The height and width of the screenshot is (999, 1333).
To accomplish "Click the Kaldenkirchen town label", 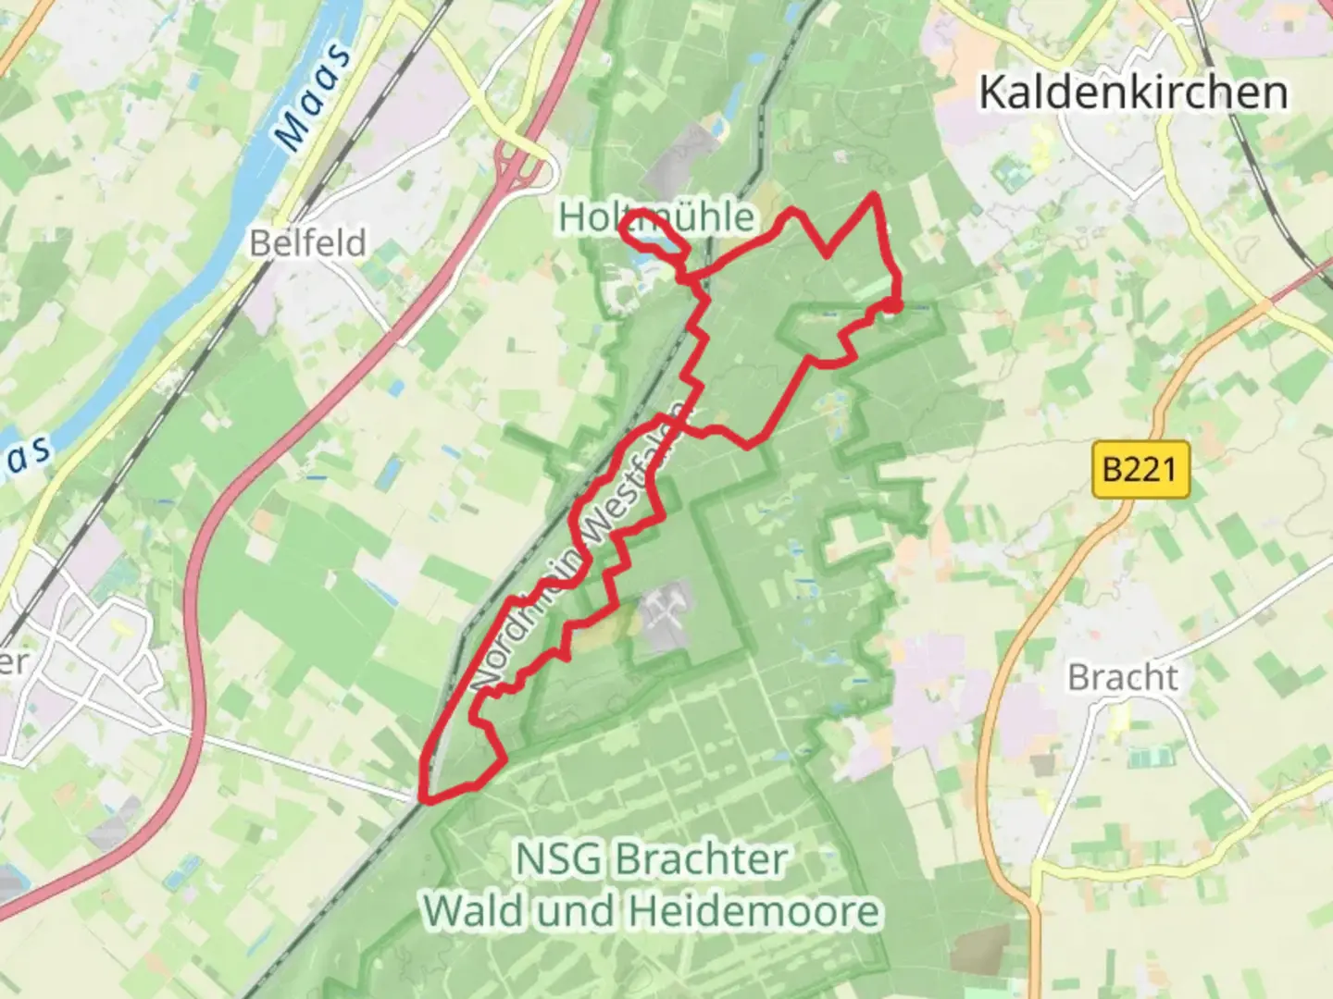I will coord(1132,92).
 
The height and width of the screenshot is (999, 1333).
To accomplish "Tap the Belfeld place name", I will coord(308,243).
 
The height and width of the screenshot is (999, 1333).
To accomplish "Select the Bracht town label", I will coord(1123,677).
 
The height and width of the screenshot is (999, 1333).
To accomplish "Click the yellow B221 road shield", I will coord(1140,470).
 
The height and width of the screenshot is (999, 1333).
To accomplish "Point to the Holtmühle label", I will coord(656,217).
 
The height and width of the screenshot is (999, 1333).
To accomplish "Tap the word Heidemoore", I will coord(754,912).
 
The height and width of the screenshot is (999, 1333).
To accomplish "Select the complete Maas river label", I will coord(315,97).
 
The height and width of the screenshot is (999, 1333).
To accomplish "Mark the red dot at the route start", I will coord(891,305).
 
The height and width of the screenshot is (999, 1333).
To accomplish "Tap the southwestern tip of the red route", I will coord(425,797).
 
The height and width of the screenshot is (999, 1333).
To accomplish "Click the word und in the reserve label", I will coord(579,912).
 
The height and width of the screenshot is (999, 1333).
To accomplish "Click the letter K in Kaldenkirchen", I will coord(993,92).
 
